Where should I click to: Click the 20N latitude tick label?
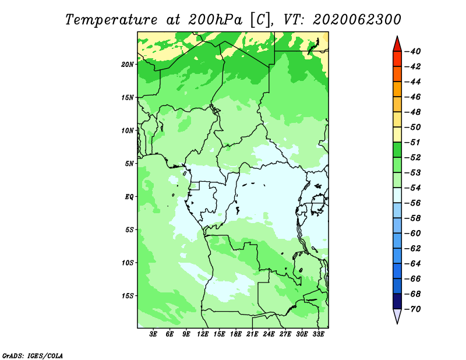coord(128,64)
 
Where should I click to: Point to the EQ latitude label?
coord(129,197)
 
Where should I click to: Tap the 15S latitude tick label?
coord(128,296)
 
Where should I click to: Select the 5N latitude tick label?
coord(129,164)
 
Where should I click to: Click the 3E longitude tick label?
coord(153,334)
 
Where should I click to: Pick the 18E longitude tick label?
coord(236,334)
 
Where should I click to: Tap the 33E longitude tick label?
coord(318,334)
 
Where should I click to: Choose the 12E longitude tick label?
coord(203,334)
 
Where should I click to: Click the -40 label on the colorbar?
coord(413,51)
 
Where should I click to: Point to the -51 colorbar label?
coord(413,142)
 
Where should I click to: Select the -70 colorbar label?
coord(413,309)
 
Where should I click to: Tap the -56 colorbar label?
coord(413,203)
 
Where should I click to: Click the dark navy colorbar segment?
coord(397,301)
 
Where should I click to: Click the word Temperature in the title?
coord(111,20)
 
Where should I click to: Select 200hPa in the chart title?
coord(215,20)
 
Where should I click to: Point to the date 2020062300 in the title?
coord(357,20)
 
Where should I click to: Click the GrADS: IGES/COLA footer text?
coord(33,355)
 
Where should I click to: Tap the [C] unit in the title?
coord(260,20)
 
